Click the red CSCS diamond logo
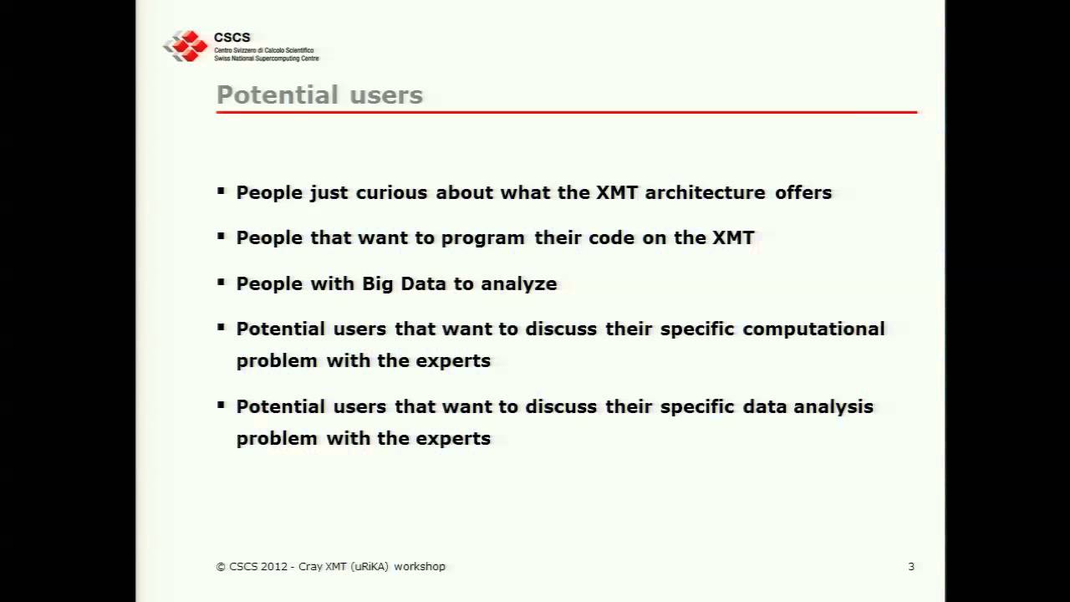186,46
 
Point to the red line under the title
566,111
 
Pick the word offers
803,192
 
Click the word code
609,237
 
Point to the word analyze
518,283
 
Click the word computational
813,329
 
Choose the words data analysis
808,406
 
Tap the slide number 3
911,566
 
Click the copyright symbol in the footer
221,566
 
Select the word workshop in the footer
420,566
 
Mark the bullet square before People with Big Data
221,282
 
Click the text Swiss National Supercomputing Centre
266,59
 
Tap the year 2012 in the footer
274,566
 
